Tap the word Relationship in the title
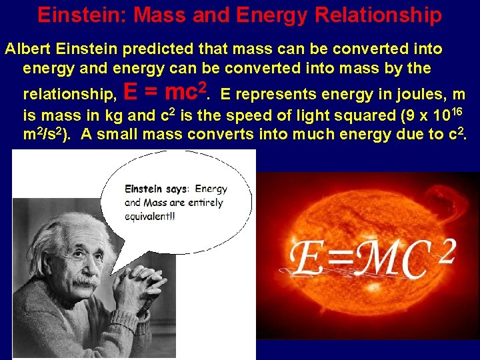click(383, 15)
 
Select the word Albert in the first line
click(27, 49)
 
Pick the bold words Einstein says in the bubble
click(157, 189)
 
